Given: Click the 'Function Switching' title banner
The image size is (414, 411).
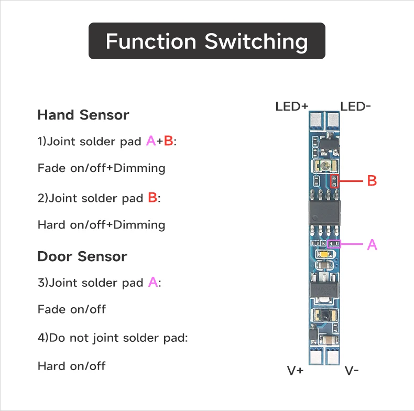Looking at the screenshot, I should (206, 41).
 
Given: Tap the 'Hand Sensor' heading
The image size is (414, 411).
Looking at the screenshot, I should (83, 115).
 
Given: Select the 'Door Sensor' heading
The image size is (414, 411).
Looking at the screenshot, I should (82, 256).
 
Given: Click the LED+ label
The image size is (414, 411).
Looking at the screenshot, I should (291, 106).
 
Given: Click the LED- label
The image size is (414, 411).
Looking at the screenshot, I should (356, 106).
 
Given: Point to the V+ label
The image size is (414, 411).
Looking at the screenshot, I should (295, 371).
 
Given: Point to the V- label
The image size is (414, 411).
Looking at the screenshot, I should (352, 371).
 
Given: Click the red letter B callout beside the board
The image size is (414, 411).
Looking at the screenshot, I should (372, 181).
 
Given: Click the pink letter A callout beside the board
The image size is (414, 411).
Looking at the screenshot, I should (372, 244).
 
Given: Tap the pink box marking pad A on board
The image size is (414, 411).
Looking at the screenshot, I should (333, 244).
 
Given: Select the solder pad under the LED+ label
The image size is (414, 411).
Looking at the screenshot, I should (316, 122).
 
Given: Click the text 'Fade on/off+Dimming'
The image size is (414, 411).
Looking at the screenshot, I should (101, 168).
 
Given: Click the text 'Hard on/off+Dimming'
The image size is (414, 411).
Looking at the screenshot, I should (101, 225).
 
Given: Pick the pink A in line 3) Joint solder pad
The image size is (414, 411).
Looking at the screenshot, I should (152, 282).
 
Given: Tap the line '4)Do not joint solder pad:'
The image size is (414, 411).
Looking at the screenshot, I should (113, 338).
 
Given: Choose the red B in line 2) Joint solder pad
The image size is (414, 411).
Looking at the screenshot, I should (152, 198).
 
